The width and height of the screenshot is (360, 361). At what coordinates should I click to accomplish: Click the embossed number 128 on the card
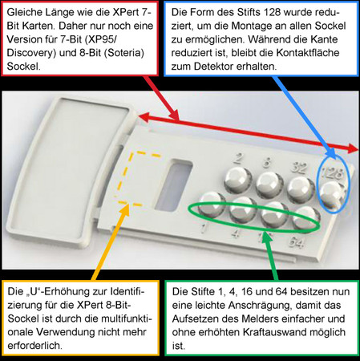pos(332,173)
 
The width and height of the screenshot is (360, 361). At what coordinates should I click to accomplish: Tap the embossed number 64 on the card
pos(297,243)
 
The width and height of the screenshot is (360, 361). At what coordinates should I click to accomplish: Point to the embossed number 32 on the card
pos(298,168)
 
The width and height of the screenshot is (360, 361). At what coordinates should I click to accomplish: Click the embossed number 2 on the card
pos(237,158)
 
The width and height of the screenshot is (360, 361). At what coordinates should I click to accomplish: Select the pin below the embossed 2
pos(238,180)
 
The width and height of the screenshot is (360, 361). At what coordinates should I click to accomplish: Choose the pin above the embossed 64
pos(306,219)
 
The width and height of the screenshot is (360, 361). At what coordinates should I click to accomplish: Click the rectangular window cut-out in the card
pos(174,185)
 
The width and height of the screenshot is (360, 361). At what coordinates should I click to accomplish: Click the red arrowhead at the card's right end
pos(353,148)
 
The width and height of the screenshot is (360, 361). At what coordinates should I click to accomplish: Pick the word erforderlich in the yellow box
pos(34,346)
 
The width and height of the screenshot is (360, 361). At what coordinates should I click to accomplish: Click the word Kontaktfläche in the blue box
pos(308,53)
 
